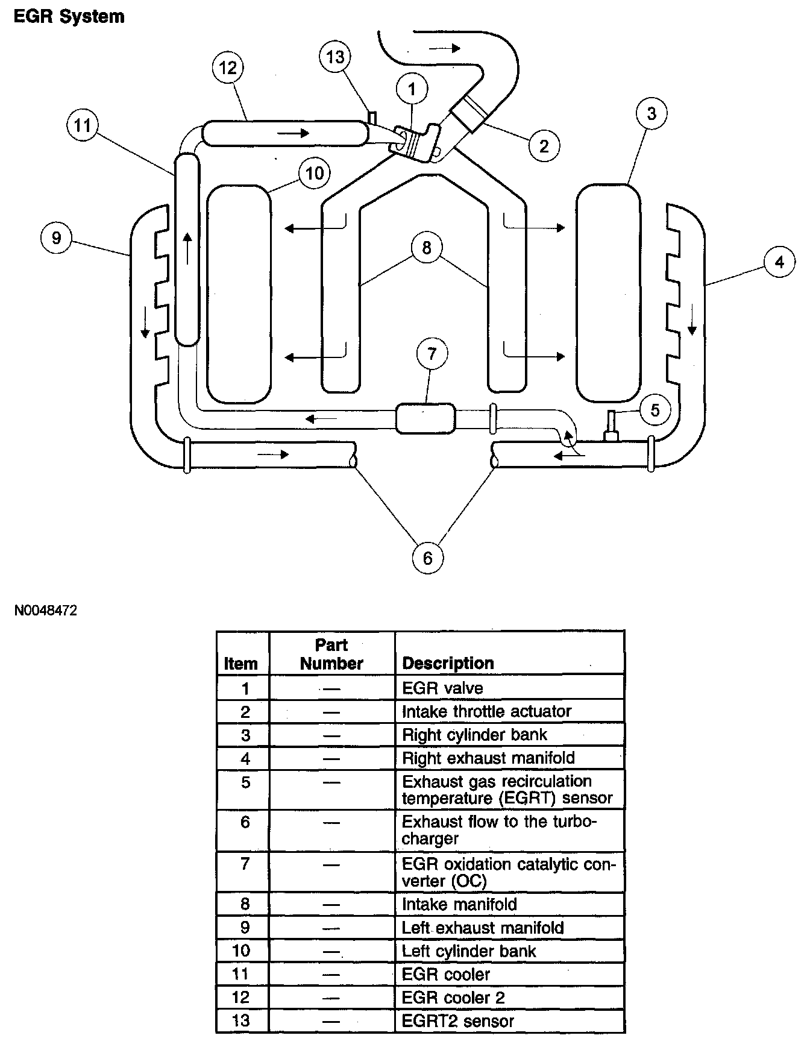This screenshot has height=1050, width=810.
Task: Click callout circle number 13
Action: click(x=335, y=57)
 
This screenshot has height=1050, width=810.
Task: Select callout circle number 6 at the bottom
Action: click(x=427, y=558)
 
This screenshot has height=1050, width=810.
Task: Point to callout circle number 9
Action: click(x=56, y=237)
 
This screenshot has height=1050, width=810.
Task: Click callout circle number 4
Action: click(x=779, y=262)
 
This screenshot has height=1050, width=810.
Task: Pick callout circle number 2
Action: click(x=544, y=145)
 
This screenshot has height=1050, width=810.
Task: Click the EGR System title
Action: click(x=69, y=16)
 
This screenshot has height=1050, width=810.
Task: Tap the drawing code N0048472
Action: click(x=46, y=611)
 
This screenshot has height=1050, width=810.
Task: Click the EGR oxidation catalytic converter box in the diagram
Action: click(x=425, y=418)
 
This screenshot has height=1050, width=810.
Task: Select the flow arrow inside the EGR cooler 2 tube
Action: click(x=294, y=132)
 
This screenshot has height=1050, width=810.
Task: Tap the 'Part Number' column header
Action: click(x=331, y=654)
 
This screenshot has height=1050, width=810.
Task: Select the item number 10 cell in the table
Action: click(x=241, y=951)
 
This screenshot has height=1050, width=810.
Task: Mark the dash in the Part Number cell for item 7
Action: click(x=331, y=865)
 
